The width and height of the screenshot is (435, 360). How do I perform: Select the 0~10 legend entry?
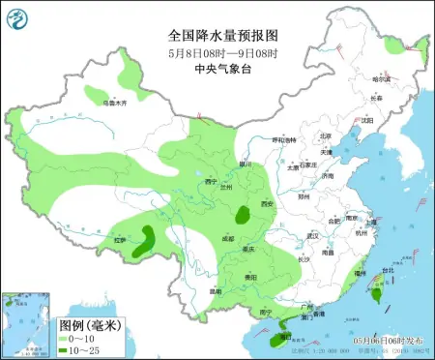[x=74, y=338]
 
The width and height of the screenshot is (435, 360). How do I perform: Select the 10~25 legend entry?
[x=76, y=349]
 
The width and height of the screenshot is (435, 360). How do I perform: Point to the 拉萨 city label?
[x=120, y=239]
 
